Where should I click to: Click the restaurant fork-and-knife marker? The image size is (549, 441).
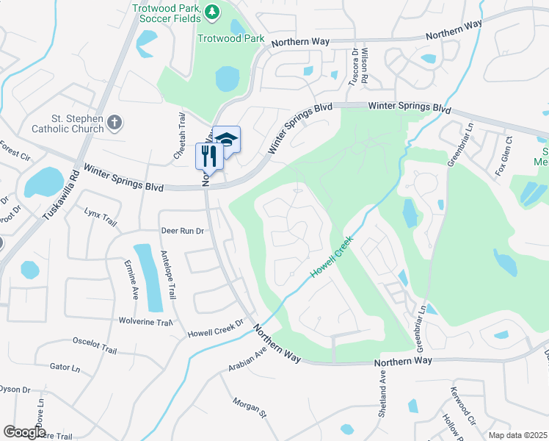pyautogui.click(x=208, y=156)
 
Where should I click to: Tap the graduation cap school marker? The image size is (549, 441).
pyautogui.click(x=228, y=139)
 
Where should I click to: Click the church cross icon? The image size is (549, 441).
pyautogui.click(x=114, y=122)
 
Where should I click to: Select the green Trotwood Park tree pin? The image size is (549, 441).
pyautogui.click(x=212, y=12)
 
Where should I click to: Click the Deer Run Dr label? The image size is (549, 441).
pyautogui.click(x=182, y=230)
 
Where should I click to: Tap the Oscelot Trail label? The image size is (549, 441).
pyautogui.click(x=95, y=345)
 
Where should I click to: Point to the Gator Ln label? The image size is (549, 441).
pyautogui.click(x=65, y=366)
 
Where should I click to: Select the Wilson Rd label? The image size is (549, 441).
pyautogui.click(x=365, y=65)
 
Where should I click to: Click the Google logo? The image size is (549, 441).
pyautogui.click(x=24, y=432)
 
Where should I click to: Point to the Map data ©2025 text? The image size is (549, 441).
pyautogui.click(x=517, y=435)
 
